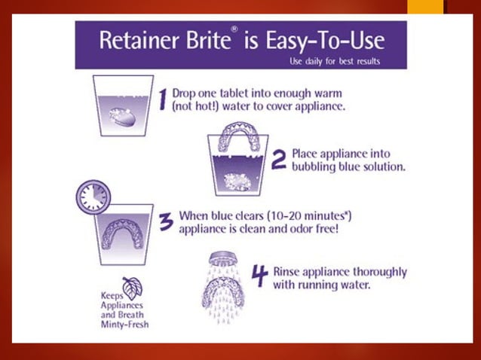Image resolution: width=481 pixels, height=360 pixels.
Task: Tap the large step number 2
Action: (x=277, y=159)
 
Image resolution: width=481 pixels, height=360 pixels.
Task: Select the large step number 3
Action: (x=165, y=224)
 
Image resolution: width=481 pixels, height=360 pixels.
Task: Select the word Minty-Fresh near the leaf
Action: (x=125, y=325)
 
